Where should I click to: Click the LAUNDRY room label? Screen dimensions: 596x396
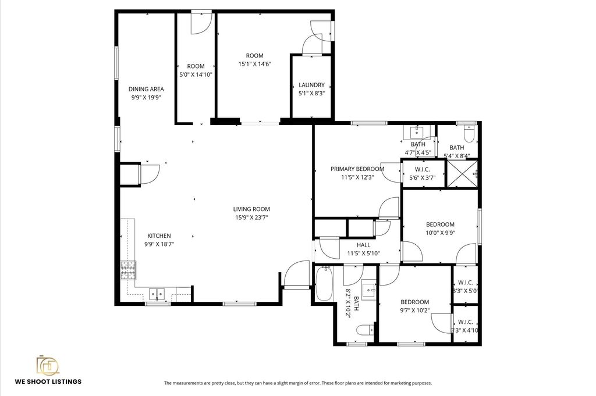[311, 85]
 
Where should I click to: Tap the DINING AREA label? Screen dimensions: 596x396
[146, 89]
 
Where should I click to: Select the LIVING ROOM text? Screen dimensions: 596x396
[251, 209]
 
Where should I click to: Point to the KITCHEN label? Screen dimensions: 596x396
[159, 236]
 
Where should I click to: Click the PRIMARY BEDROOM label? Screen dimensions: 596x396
[357, 169]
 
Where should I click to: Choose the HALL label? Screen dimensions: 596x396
[363, 245]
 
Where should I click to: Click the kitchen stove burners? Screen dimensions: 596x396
[128, 270]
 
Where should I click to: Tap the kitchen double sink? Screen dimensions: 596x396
[157, 294]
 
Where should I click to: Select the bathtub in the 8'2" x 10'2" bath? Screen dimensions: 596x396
[324, 284]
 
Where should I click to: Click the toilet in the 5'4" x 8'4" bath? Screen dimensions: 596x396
[469, 134]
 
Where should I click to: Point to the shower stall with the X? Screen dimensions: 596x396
[462, 174]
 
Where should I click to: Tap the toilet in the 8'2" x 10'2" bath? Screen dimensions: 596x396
[365, 330]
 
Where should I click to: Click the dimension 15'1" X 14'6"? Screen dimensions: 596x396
[255, 64]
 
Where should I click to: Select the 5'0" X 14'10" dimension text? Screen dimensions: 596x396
[196, 75]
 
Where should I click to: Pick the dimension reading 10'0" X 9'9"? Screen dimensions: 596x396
[440, 233]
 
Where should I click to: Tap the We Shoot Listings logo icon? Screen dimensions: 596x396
[48, 365]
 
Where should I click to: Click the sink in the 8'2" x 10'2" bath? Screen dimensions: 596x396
[368, 290]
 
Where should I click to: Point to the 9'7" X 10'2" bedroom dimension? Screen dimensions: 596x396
[414, 311]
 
